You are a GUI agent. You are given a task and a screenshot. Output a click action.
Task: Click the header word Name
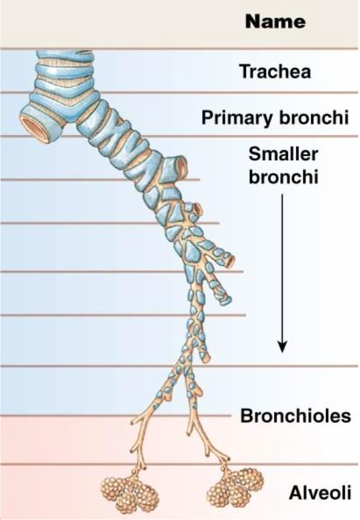(x=275, y=21)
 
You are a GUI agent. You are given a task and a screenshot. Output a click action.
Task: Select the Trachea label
(x=275, y=72)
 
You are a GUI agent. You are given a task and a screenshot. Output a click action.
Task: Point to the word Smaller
(x=283, y=154)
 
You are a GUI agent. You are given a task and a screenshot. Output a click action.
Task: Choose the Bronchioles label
(x=296, y=416)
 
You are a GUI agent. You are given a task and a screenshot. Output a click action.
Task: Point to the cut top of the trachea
(x=65, y=53)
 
